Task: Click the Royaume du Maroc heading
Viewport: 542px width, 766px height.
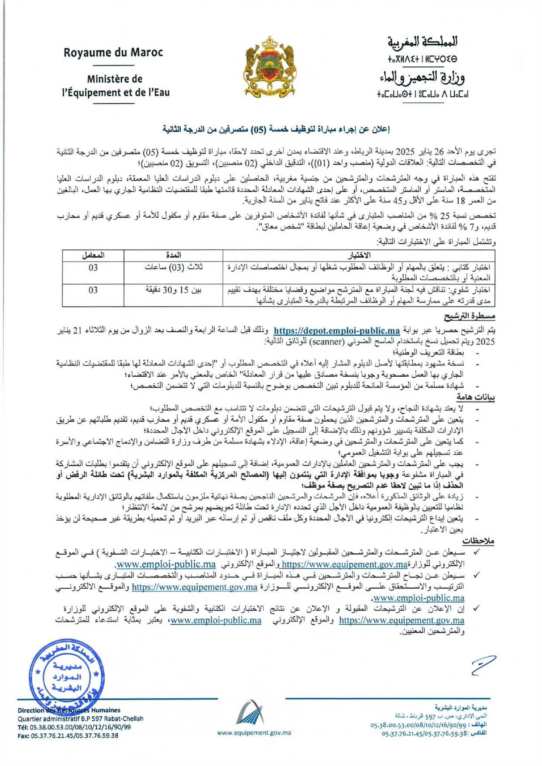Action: [x=113, y=53]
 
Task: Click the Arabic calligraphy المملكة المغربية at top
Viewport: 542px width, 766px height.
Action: [x=422, y=42]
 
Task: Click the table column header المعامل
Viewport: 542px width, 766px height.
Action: [x=93, y=255]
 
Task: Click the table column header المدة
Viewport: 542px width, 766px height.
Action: [x=173, y=255]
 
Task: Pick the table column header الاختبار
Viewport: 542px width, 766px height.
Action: [x=359, y=255]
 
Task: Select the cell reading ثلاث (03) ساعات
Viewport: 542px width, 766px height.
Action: [x=174, y=267]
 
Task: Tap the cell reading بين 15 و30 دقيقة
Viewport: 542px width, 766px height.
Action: [x=174, y=290]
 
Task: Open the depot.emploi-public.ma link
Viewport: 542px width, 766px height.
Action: [x=336, y=330]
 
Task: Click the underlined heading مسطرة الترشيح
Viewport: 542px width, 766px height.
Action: [x=469, y=316]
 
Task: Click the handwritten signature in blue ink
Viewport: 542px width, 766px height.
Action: [x=483, y=666]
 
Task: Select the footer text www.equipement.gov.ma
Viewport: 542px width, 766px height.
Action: [x=254, y=732]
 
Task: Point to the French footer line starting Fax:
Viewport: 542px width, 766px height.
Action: [x=68, y=735]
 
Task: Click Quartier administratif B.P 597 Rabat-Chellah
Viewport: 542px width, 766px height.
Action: [x=80, y=719]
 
